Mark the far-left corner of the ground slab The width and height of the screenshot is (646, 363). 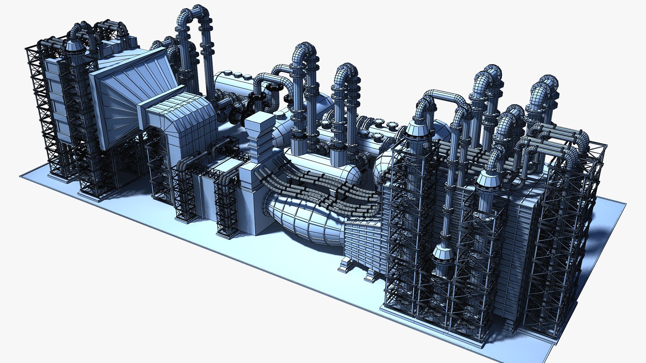pyautogui.click(x=21, y=175)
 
